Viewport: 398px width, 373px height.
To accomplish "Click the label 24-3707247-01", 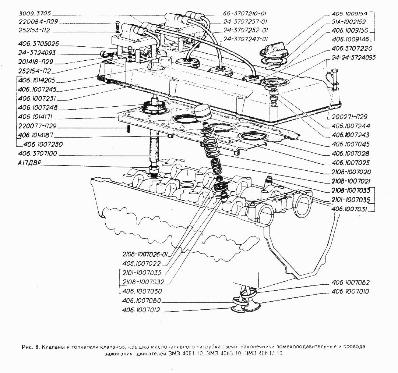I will click(245, 39).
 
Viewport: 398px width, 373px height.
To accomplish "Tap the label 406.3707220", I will click(352, 48).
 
